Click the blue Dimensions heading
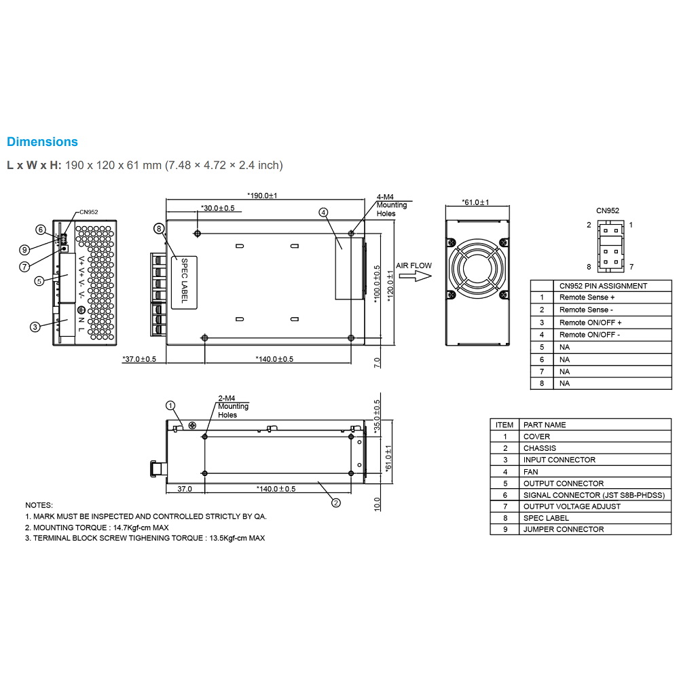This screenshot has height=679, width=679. [x=42, y=142]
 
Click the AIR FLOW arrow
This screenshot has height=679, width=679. [x=416, y=276]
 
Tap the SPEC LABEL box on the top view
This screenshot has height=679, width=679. [x=185, y=282]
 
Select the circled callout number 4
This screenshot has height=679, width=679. [x=323, y=212]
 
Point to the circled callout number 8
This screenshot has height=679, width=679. [x=160, y=229]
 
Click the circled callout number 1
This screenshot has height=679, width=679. [x=170, y=406]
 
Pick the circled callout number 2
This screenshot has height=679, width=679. [x=335, y=502]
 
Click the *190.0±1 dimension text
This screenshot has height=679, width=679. [x=262, y=196]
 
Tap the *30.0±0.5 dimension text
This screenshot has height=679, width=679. [x=217, y=208]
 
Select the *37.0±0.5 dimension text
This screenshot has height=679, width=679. [x=139, y=359]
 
